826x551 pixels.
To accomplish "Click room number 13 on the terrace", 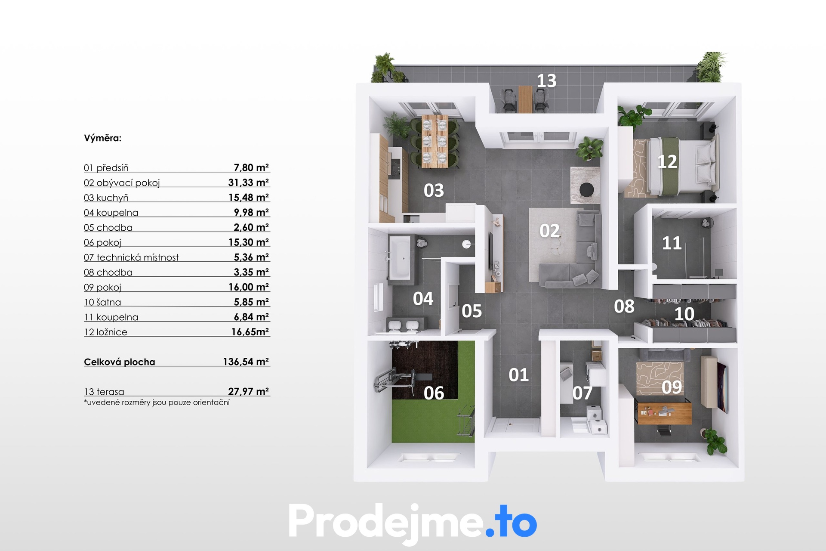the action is click(x=546, y=81).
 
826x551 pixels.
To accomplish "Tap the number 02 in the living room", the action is click(x=550, y=231).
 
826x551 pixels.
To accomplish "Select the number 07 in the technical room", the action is click(x=582, y=393).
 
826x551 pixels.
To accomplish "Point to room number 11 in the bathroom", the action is click(x=672, y=243).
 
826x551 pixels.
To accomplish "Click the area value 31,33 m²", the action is click(x=249, y=183).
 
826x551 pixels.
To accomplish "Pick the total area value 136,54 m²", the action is click(x=246, y=362).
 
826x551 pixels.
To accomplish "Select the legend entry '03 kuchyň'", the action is click(x=106, y=198).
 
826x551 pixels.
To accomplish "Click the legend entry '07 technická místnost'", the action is click(x=131, y=257).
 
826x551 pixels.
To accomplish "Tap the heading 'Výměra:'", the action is click(x=103, y=138).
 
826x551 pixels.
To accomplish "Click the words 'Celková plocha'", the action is click(x=120, y=362).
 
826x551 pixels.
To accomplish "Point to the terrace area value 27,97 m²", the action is click(x=249, y=391).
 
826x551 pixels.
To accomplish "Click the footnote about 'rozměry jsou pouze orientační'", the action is click(x=157, y=402).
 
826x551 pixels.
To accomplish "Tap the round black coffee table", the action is click(x=586, y=189).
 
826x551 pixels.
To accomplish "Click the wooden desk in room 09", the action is click(x=665, y=412).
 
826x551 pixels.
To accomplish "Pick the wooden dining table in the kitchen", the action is click(x=435, y=141).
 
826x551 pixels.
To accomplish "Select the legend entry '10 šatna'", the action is click(x=102, y=302).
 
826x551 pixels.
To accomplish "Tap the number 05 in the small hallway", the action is click(x=472, y=311).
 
